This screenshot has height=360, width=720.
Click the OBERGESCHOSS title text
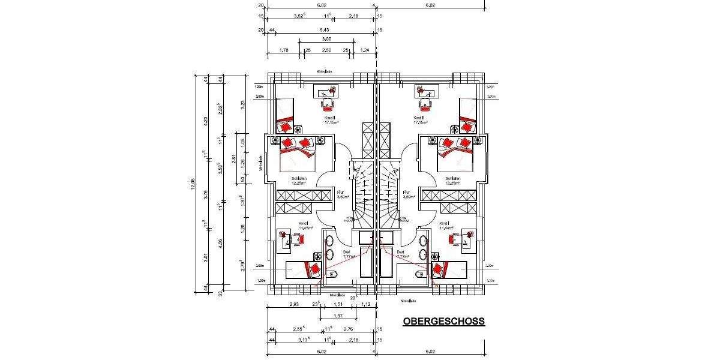click(x=443, y=322)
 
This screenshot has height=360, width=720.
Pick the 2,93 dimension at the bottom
click(x=294, y=305)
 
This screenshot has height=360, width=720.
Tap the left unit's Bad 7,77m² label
click(x=346, y=254)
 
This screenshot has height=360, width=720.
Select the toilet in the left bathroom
click(x=333, y=274)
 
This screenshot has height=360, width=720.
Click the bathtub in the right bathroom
click(x=385, y=263)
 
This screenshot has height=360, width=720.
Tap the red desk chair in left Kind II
click(x=327, y=103)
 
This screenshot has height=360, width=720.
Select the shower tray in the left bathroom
click(x=367, y=238)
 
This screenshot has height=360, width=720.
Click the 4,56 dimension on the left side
click(x=223, y=242)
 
